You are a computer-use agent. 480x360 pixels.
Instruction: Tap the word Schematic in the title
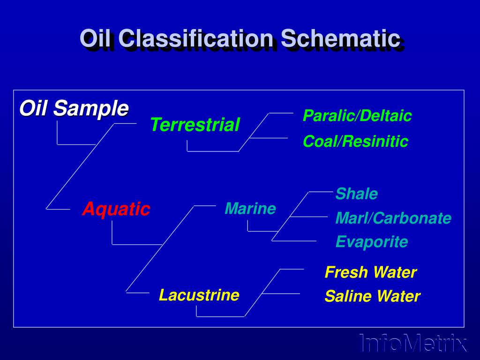(x=341, y=38)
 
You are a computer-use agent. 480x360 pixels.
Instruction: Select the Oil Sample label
(x=74, y=108)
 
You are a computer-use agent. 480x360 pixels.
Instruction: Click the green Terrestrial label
(x=195, y=125)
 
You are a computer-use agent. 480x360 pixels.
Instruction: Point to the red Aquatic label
(x=116, y=209)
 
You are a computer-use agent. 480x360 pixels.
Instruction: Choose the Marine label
(x=250, y=209)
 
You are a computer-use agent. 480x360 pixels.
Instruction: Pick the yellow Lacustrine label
(x=199, y=295)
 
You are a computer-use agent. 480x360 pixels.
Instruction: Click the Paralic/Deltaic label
(x=357, y=115)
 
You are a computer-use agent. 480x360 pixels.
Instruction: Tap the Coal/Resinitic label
(x=355, y=141)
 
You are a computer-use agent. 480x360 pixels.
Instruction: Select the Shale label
(x=357, y=194)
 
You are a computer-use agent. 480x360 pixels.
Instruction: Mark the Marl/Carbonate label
(x=393, y=218)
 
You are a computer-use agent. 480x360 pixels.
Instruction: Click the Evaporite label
(x=372, y=242)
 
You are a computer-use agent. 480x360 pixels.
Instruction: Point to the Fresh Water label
(x=370, y=272)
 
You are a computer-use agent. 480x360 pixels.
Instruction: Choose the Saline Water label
(x=372, y=296)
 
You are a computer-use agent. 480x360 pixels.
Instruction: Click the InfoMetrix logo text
(x=413, y=343)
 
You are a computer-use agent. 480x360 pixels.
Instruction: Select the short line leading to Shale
(x=321, y=192)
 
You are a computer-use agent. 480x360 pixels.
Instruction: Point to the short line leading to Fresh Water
(x=292, y=269)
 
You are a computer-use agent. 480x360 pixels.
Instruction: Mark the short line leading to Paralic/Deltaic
(x=281, y=113)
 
